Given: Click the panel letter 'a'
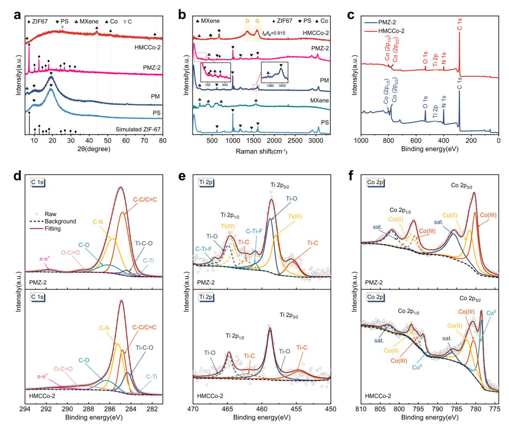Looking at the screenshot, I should (x=17, y=15).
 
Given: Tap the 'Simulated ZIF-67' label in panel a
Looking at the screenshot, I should (x=138, y=129).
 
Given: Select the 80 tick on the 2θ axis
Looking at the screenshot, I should (x=163, y=141).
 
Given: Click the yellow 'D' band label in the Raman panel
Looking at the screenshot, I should (x=247, y=21).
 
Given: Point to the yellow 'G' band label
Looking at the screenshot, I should (x=257, y=21).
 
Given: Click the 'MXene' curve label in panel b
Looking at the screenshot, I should (x=319, y=100).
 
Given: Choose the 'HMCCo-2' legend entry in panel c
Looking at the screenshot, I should (x=391, y=31).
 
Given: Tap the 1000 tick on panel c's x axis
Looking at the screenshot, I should (x=361, y=141).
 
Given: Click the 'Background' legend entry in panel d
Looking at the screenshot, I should (x=60, y=221).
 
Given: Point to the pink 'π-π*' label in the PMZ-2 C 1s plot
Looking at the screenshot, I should (x=44, y=259).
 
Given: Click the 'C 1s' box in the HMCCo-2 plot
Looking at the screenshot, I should (x=37, y=297).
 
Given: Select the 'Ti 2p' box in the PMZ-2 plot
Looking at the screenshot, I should (x=206, y=182).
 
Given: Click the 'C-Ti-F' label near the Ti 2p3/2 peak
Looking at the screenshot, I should (x=254, y=231).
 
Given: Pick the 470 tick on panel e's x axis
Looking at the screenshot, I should (x=193, y=409).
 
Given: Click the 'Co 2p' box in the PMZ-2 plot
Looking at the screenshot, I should (x=375, y=182).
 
